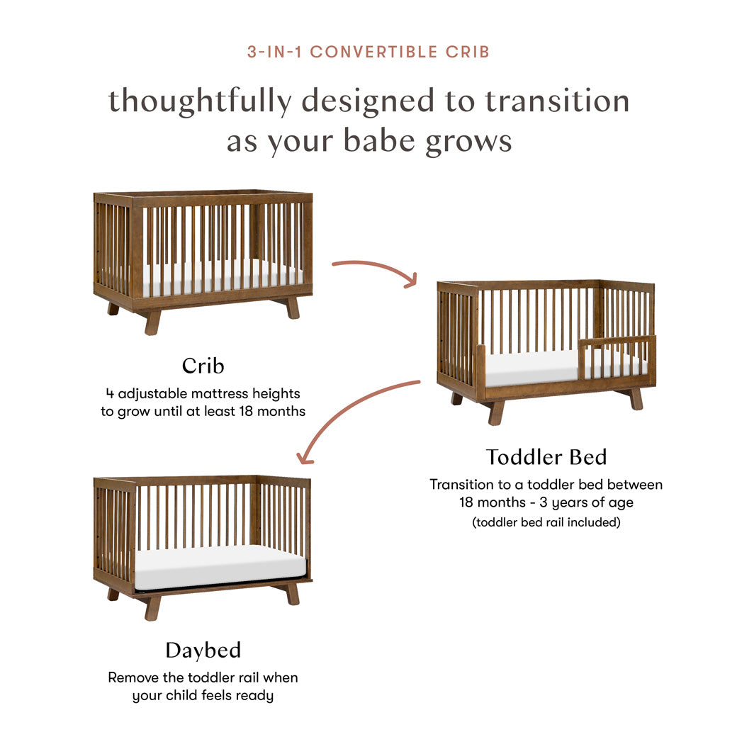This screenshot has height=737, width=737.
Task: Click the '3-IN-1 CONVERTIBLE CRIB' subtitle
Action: (368, 52)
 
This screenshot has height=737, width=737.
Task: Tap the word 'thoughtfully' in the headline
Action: (199, 101)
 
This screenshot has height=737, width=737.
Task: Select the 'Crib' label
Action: (203, 366)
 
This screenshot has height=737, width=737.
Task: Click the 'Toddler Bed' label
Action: (546, 457)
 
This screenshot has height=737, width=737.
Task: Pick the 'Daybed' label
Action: (203, 650)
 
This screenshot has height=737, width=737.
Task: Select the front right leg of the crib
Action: (292, 308)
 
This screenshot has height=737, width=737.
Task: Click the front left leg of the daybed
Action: (152, 607)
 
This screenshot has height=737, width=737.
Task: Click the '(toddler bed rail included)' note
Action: (546, 523)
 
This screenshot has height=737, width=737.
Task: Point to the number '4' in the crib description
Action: (108, 393)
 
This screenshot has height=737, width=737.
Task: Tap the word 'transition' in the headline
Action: (557, 101)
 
